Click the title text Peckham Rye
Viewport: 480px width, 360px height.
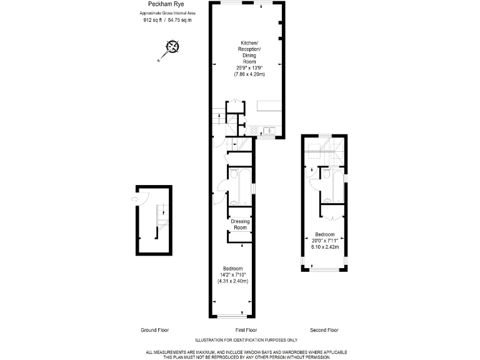(152, 5)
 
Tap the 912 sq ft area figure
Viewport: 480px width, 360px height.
(152, 20)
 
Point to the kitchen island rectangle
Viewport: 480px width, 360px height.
(270, 106)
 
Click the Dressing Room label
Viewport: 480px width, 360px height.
(241, 224)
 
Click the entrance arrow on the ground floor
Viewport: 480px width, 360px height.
(134, 199)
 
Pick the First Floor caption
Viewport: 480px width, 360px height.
(246, 329)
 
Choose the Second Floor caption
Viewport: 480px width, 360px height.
(324, 329)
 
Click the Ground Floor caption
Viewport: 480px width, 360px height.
(154, 329)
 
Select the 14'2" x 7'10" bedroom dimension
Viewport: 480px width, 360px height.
(232, 274)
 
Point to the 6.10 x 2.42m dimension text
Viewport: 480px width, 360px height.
(325, 246)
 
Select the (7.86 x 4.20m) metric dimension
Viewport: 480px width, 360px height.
(250, 74)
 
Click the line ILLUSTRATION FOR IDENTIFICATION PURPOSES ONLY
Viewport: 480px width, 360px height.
(246, 340)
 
